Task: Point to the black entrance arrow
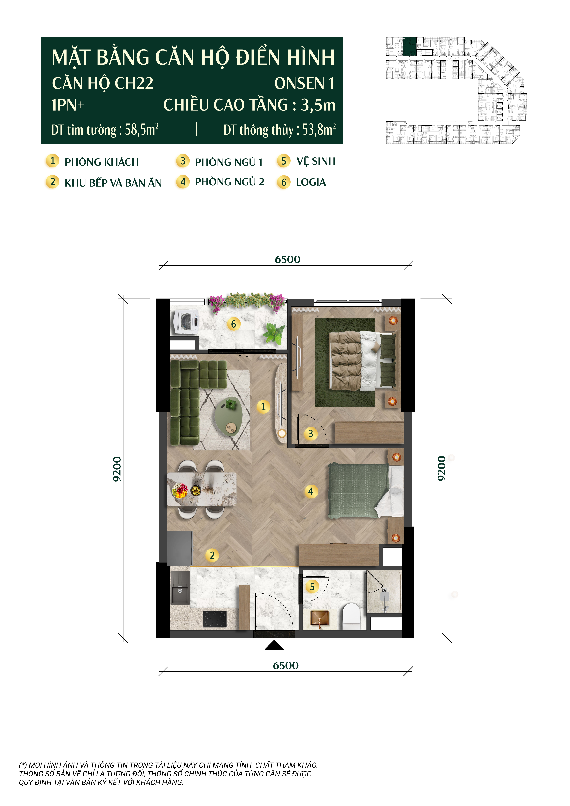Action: pos(274,645)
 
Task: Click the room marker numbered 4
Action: pos(311,491)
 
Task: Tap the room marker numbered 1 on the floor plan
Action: pos(263,407)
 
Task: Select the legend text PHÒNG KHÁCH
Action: pos(102,162)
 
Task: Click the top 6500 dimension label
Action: pos(287,259)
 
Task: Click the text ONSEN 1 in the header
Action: pos(304,84)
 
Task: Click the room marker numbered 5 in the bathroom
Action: pos(312,586)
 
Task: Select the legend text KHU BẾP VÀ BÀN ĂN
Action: pos(113,183)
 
